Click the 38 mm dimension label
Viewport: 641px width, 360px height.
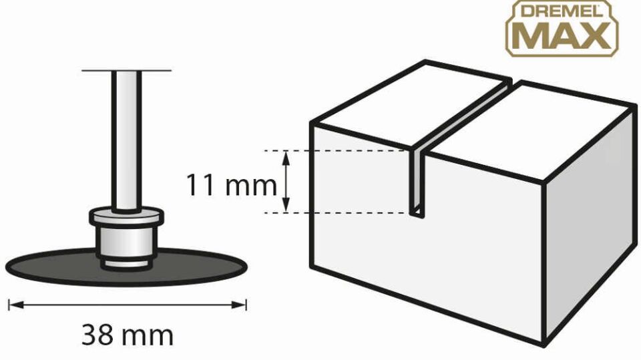click(128, 335)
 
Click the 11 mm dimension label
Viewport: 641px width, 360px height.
click(232, 184)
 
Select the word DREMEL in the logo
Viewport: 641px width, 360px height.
click(562, 12)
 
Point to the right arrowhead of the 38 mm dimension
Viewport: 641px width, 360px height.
click(239, 305)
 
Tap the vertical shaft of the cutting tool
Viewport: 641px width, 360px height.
click(127, 141)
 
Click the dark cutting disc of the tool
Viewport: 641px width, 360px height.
click(127, 266)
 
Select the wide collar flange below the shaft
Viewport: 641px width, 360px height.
click(127, 217)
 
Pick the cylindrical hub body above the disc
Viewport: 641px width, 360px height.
click(127, 241)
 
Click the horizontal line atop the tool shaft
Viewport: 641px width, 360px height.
click(126, 71)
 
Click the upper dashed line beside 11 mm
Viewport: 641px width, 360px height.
click(338, 151)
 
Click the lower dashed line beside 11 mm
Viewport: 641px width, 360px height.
click(338, 212)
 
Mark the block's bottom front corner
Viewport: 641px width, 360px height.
click(544, 345)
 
